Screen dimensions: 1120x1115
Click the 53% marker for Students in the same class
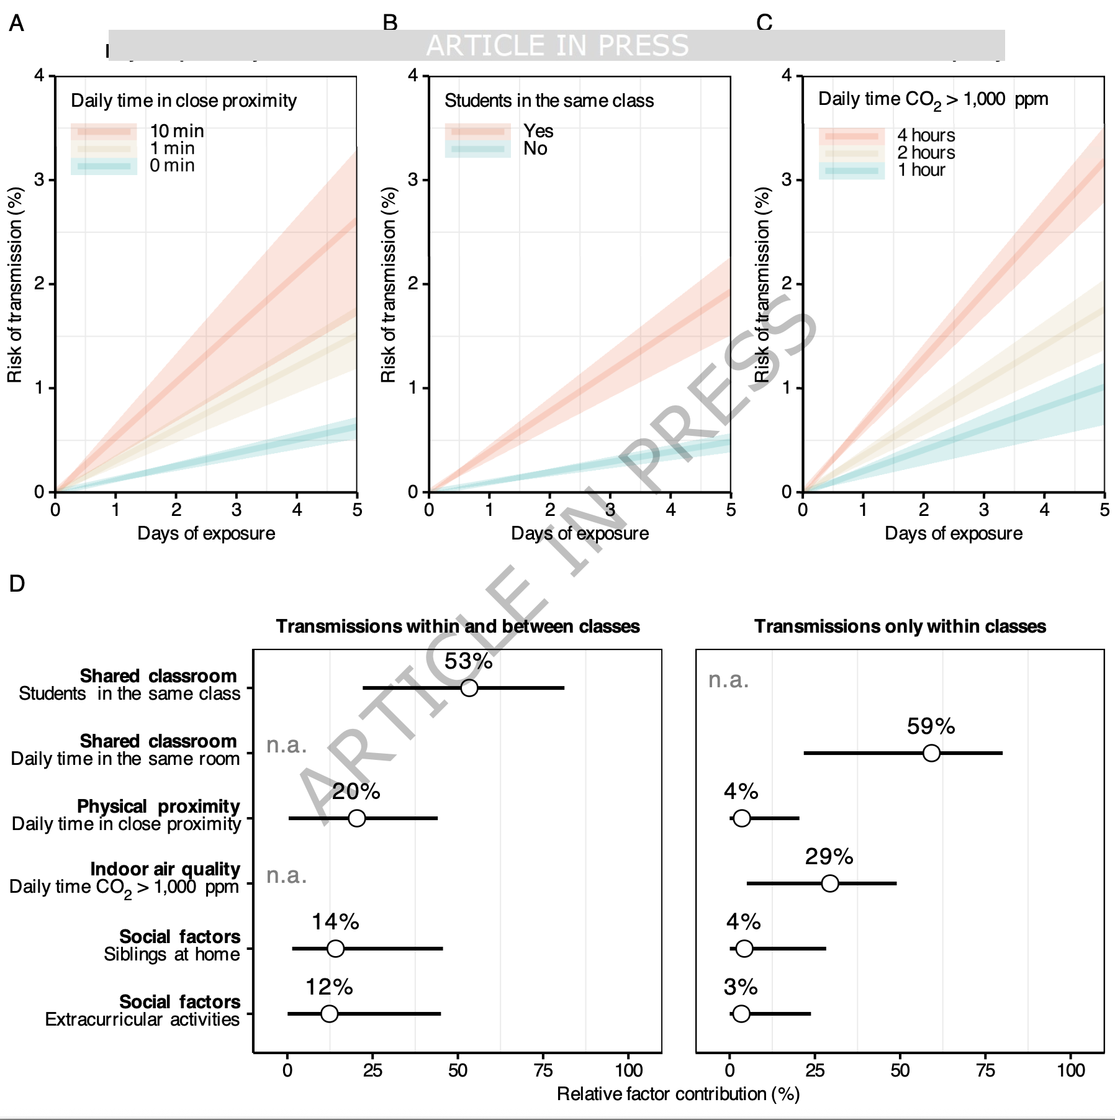[469, 688]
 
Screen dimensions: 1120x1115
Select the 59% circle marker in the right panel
[931, 753]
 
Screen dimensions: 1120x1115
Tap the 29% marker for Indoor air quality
[829, 883]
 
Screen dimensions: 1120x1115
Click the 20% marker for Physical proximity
[356, 818]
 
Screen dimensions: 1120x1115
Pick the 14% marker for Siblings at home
[335, 949]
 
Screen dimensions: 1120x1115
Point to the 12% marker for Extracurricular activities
[329, 1014]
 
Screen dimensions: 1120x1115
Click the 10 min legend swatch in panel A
[104, 132]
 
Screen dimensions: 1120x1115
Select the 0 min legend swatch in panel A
[104, 166]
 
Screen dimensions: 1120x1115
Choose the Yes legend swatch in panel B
[477, 132]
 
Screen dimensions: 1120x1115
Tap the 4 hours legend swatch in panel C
[851, 136]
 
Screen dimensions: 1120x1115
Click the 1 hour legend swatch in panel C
[851, 171]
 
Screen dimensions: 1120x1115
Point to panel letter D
[17, 584]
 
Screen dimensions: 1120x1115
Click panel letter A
[17, 24]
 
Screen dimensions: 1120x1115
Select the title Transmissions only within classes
[900, 626]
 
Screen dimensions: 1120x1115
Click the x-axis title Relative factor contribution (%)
[678, 1094]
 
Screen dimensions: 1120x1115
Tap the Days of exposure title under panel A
[206, 533]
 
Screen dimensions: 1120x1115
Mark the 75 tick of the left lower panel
[543, 1070]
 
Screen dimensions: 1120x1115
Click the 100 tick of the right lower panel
[1071, 1070]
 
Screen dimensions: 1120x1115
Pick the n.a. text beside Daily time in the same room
[287, 745]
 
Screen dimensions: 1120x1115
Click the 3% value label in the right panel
[741, 987]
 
